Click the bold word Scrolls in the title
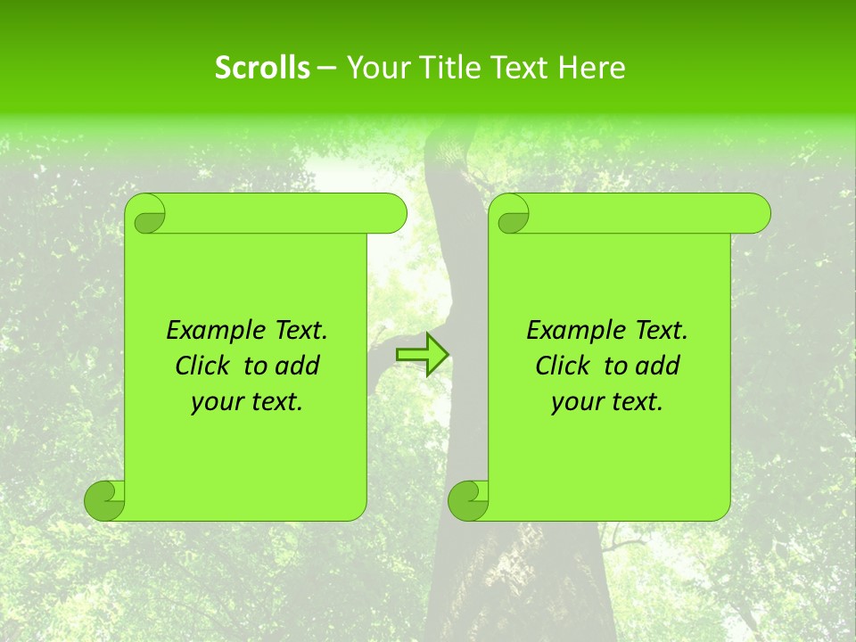click(263, 68)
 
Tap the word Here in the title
click(591, 68)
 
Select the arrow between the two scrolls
click(422, 355)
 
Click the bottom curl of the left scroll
click(105, 500)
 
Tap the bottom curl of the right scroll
click(469, 500)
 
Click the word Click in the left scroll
click(201, 366)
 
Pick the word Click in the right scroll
click(561, 366)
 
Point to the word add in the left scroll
click(298, 366)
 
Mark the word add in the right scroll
click(658, 366)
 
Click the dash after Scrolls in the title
click(327, 68)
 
